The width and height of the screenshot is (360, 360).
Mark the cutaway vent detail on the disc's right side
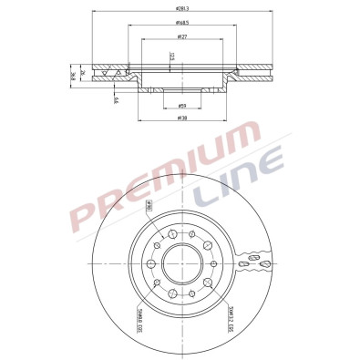(x=254, y=265)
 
